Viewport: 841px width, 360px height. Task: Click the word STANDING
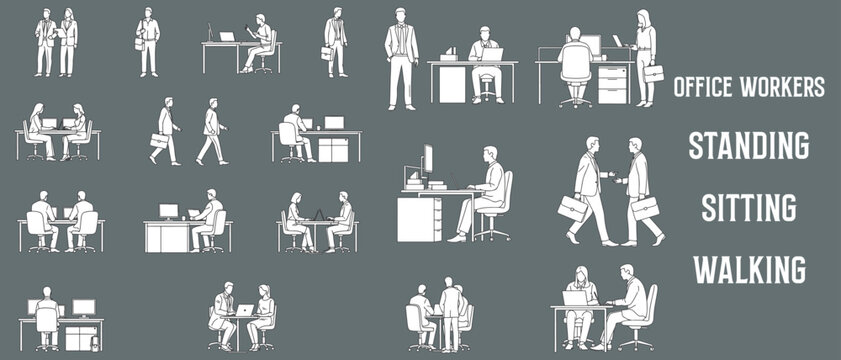(748, 145)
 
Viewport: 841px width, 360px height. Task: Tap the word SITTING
(748, 207)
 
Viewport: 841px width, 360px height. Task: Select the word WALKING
(749, 269)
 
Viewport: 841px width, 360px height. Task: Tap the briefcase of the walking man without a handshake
(159, 141)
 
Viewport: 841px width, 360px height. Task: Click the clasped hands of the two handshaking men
(613, 180)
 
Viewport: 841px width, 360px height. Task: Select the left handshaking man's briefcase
(573, 209)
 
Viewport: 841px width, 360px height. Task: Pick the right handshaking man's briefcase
(645, 208)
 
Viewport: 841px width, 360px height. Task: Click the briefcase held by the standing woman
(653, 73)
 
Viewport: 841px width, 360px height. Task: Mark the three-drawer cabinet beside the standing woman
(612, 84)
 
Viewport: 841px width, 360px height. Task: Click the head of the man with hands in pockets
(401, 15)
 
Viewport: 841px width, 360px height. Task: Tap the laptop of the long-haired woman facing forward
(575, 298)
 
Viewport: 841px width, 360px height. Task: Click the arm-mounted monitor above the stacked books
(427, 160)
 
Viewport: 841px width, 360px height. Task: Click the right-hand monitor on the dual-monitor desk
(84, 307)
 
